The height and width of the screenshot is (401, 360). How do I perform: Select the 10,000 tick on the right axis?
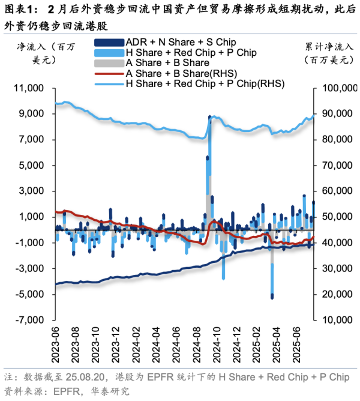click(x=332, y=321)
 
